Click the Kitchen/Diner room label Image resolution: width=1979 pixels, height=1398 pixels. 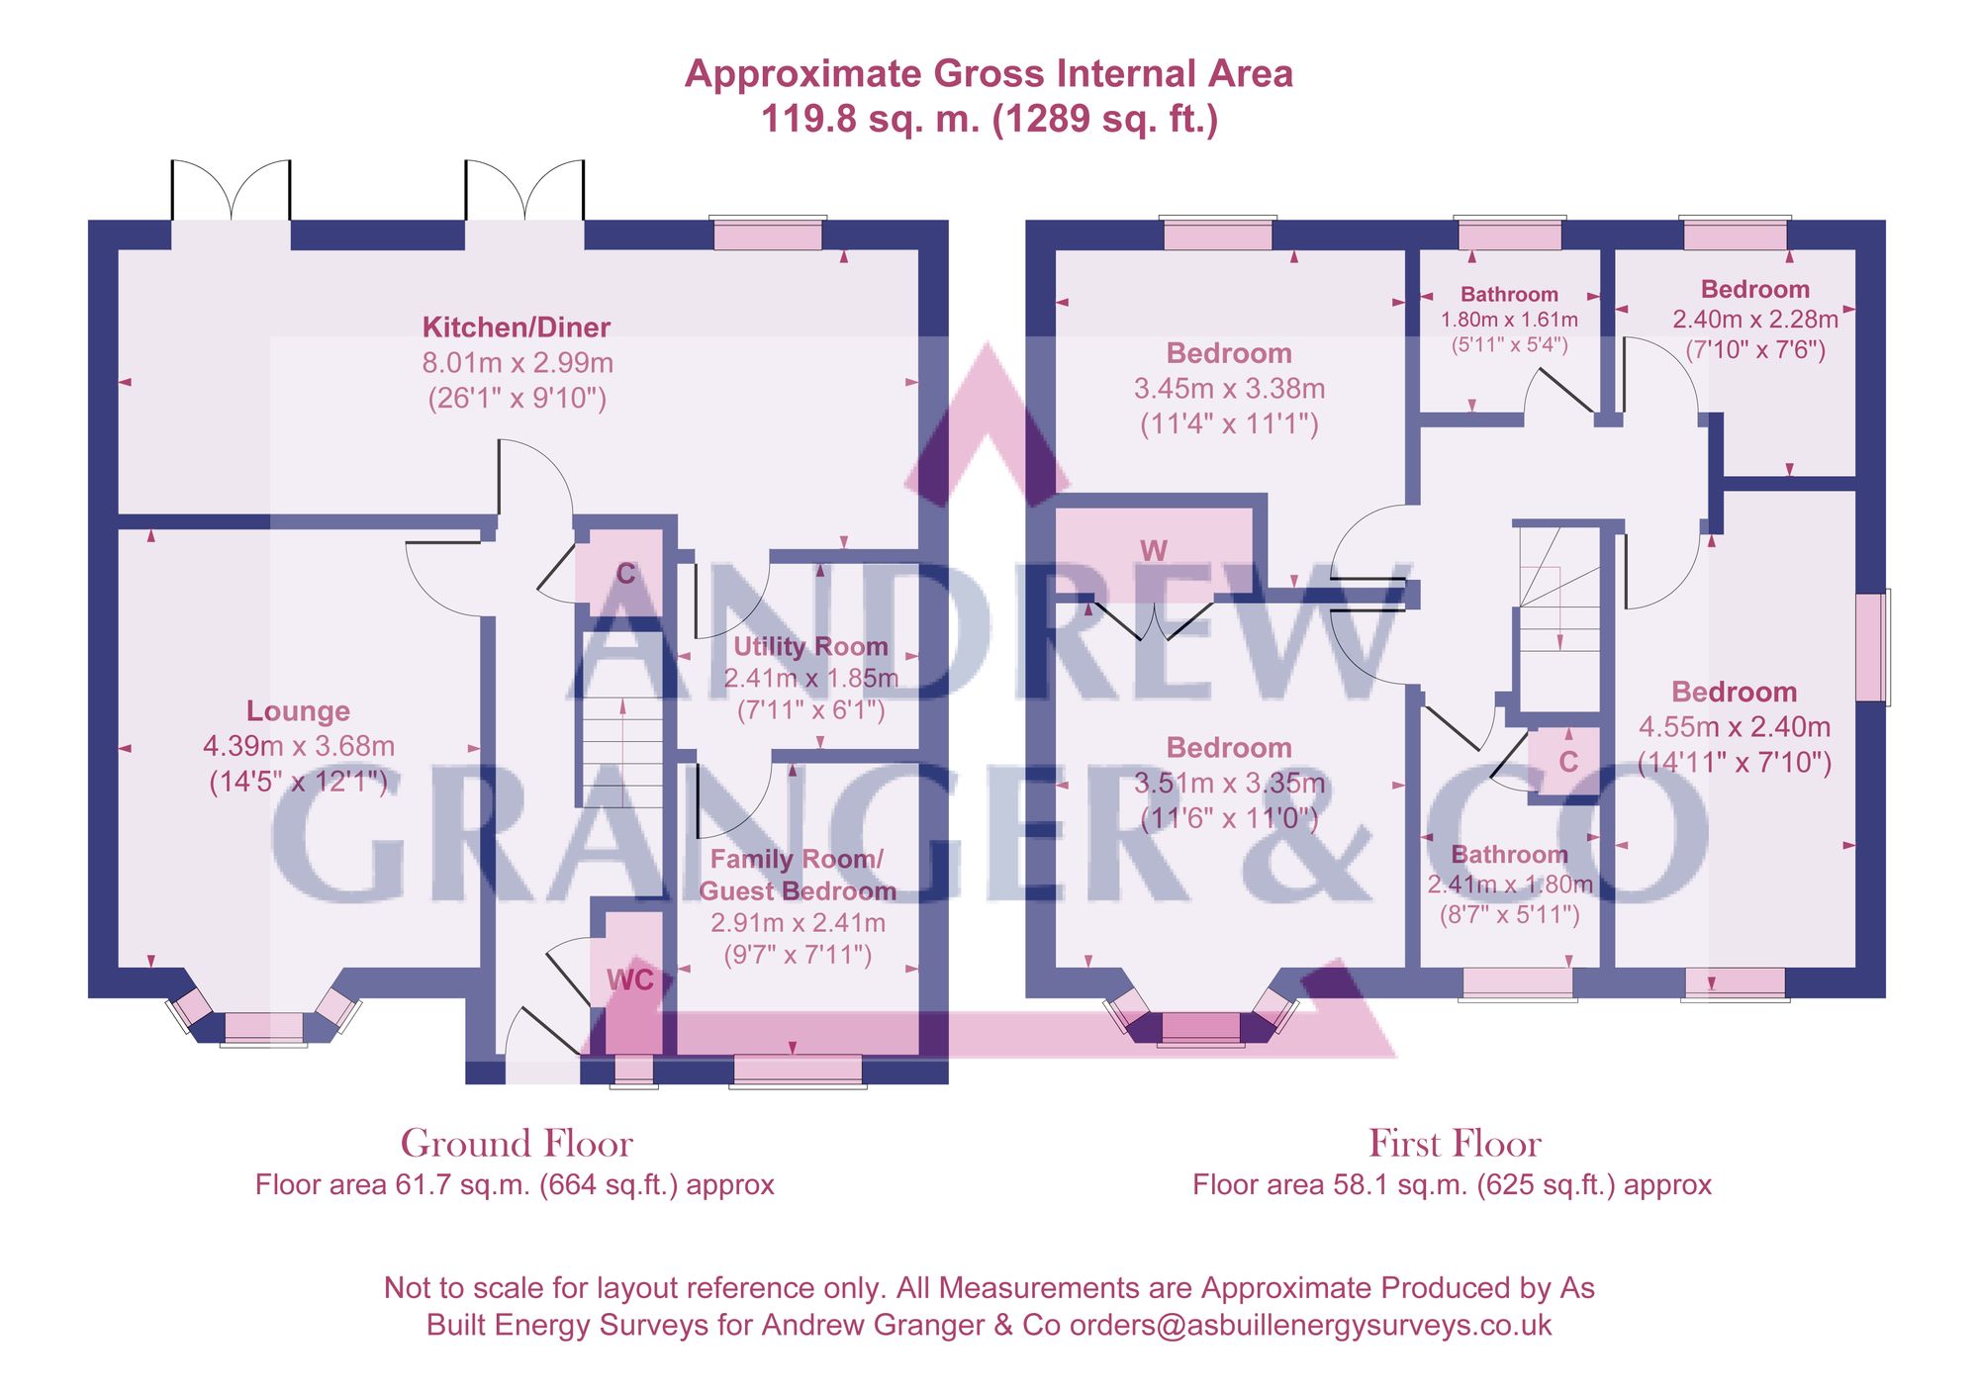[x=517, y=327]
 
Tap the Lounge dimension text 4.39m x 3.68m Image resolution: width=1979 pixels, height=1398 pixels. [x=299, y=746]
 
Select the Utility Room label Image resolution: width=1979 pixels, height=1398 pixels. [x=810, y=647]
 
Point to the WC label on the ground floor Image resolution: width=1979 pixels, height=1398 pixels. [x=629, y=979]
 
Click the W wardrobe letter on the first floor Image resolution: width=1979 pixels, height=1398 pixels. [x=1154, y=551]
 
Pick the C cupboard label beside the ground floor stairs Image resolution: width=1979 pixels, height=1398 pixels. [x=625, y=574]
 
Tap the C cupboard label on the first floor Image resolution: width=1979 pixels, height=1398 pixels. [x=1568, y=761]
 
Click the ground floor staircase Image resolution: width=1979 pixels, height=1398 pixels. [x=622, y=752]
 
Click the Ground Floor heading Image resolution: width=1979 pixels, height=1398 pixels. [x=517, y=1144]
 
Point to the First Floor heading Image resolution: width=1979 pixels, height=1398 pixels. [x=1455, y=1144]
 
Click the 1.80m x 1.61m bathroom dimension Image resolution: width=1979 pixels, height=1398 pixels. [x=1509, y=320]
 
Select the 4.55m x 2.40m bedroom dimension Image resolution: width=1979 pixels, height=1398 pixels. [x=1735, y=727]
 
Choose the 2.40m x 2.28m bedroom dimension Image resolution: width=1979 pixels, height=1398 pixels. [x=1755, y=320]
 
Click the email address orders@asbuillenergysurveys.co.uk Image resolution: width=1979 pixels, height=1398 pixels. [x=1310, y=1325]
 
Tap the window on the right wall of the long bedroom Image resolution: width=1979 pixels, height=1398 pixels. [x=1871, y=647]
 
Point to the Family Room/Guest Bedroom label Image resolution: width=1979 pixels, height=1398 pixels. [x=798, y=875]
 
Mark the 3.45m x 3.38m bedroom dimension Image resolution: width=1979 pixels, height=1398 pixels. [x=1229, y=389]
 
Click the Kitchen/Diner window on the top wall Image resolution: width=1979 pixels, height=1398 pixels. [x=768, y=235]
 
